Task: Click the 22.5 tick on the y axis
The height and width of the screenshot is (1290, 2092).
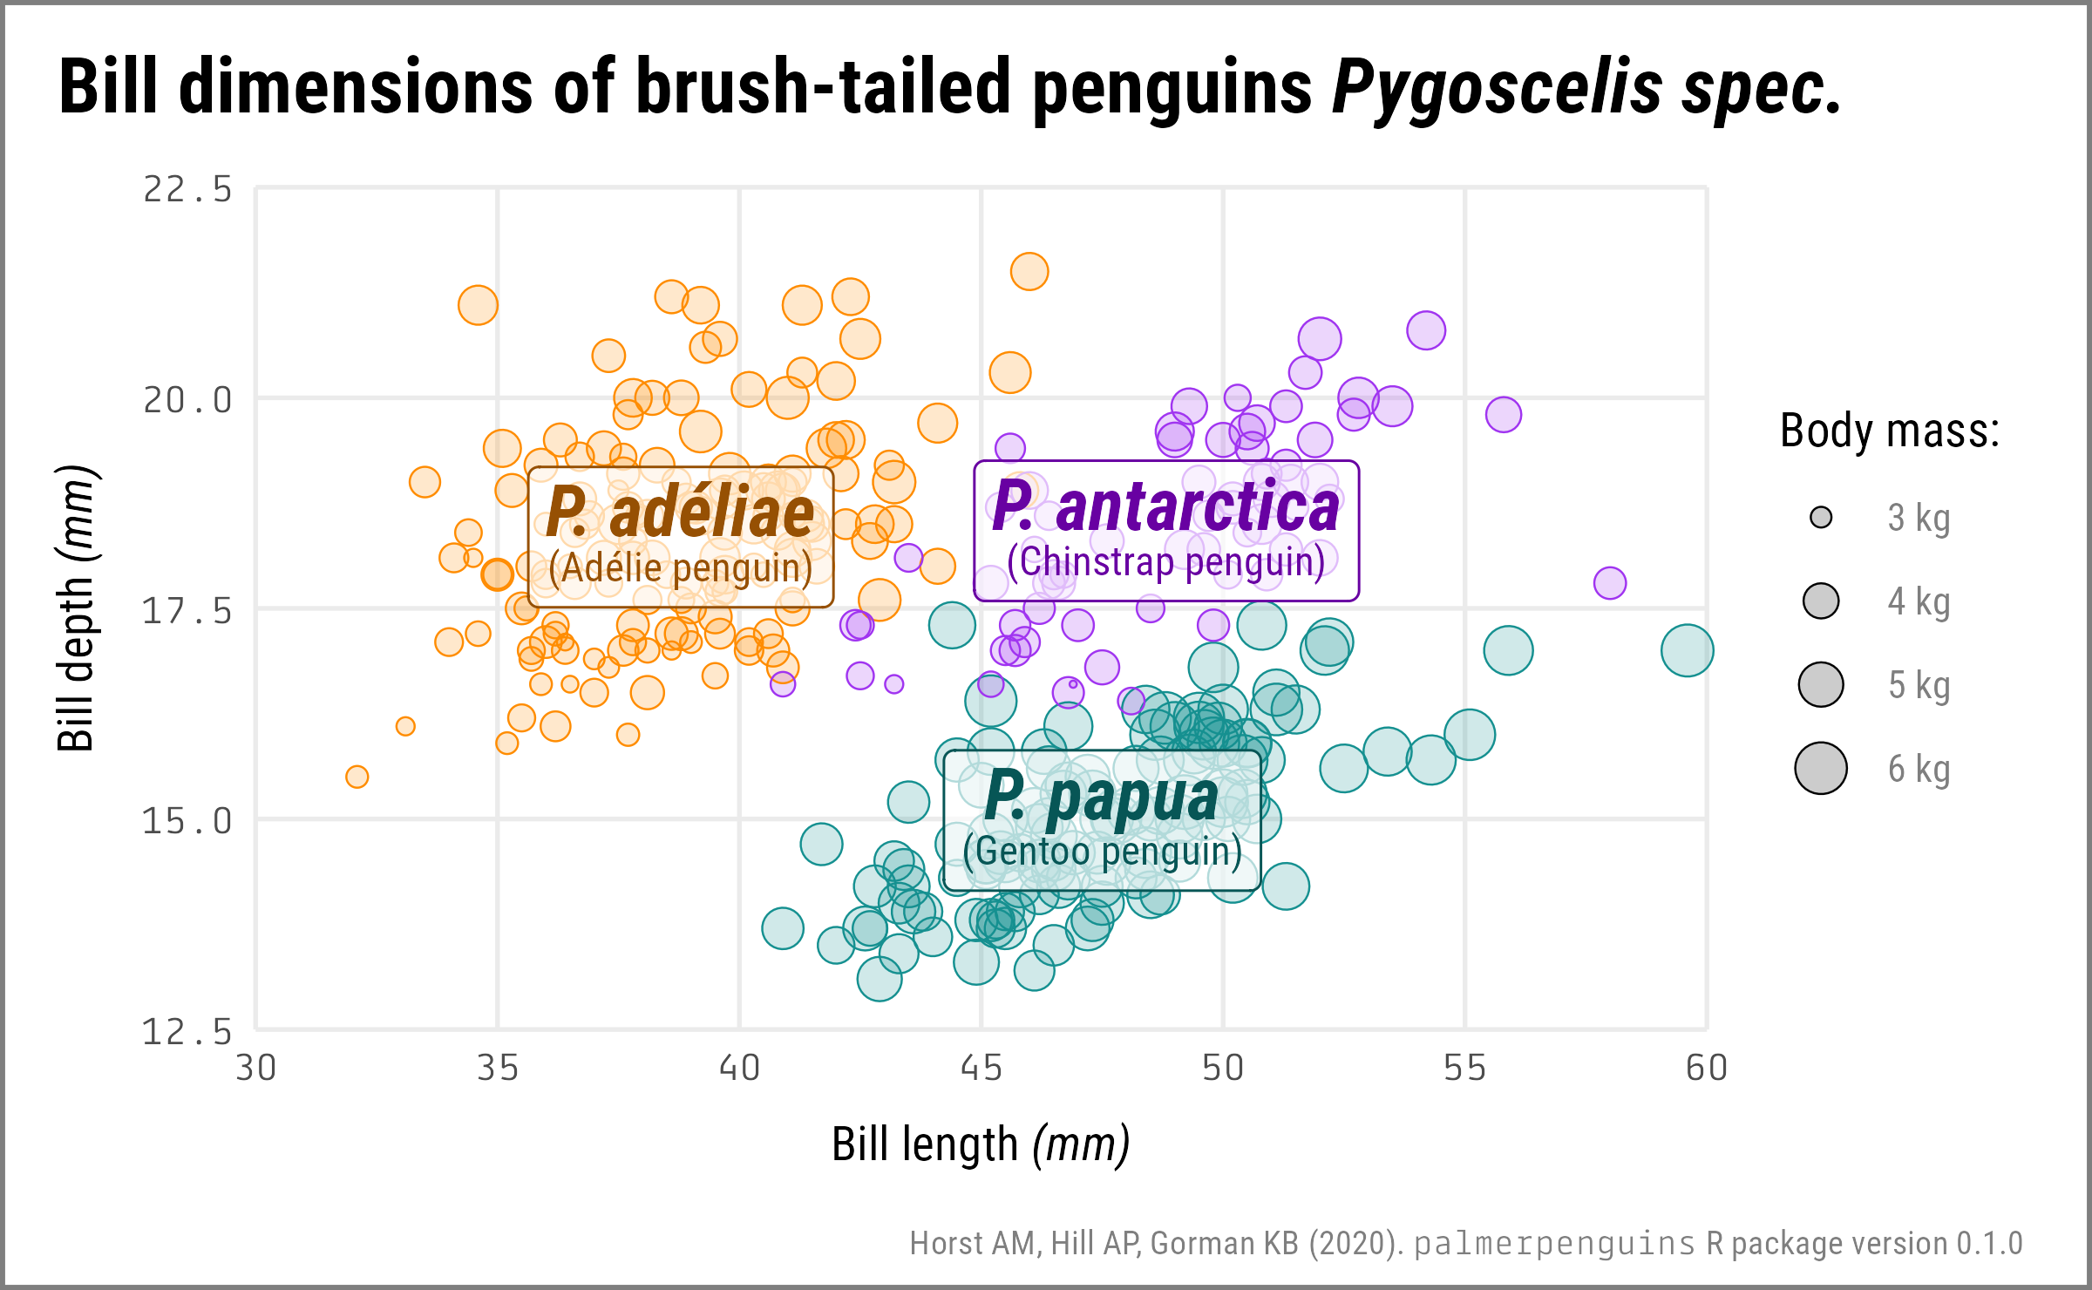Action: (x=187, y=189)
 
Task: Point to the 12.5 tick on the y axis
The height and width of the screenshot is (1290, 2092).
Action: (x=187, y=1032)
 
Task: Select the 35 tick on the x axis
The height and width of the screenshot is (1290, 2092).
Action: (x=498, y=1068)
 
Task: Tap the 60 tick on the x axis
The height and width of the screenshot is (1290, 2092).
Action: (x=1706, y=1068)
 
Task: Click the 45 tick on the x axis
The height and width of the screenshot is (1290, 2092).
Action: (x=981, y=1068)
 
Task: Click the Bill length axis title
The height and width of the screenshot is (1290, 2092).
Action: (x=981, y=1144)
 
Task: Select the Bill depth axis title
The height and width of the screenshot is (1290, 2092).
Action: (x=77, y=608)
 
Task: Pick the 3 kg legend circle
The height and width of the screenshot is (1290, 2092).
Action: (x=1821, y=518)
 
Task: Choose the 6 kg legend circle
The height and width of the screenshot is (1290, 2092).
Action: (x=1821, y=769)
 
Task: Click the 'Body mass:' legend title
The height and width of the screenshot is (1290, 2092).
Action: (x=1889, y=431)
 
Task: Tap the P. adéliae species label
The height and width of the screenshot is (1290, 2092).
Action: (x=680, y=513)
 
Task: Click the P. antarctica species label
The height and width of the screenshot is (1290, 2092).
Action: (x=1165, y=506)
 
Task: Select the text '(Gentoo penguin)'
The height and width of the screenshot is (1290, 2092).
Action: (x=1103, y=852)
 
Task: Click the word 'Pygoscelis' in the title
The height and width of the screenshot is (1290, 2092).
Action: (x=1497, y=87)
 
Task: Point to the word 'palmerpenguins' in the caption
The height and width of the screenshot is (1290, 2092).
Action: (x=1554, y=1243)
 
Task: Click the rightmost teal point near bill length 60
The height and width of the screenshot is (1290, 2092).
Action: (x=1687, y=650)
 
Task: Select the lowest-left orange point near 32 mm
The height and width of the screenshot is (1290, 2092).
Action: (x=357, y=777)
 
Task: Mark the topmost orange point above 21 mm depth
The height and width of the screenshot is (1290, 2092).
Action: (x=1029, y=271)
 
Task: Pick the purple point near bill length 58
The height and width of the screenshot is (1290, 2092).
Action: (x=1610, y=583)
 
